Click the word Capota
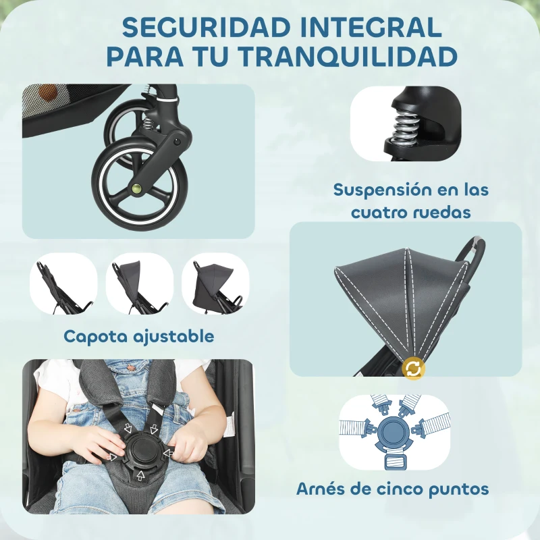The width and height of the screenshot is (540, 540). click(x=96, y=335)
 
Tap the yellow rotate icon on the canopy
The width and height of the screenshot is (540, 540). click(x=412, y=368)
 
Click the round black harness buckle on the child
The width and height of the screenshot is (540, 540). click(x=142, y=451)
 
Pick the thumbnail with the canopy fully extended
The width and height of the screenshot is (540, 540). click(x=215, y=283)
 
